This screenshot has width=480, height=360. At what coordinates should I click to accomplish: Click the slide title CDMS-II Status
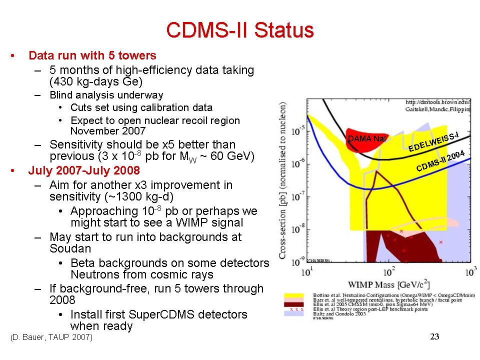point(239,30)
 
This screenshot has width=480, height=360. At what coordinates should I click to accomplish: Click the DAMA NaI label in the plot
point(366,138)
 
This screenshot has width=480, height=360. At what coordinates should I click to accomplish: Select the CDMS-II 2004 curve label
point(440,161)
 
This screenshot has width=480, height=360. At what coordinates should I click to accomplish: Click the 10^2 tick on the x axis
point(387,273)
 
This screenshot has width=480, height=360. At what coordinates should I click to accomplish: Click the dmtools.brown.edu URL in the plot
point(437,102)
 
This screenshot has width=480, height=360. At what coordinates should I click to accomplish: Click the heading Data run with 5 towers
point(92,55)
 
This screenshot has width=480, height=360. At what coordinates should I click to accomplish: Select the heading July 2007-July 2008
point(84,170)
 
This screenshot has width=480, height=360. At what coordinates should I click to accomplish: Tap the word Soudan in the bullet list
point(70,248)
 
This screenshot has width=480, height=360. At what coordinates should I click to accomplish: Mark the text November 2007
point(108,131)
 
